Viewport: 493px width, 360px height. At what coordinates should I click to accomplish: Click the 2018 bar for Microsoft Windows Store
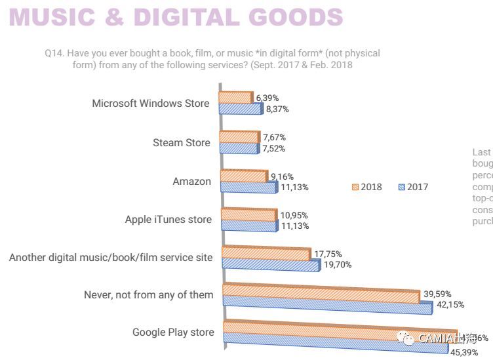pyautogui.click(x=236, y=97)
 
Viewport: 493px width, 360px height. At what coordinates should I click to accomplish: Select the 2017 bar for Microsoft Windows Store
pyautogui.click(x=241, y=109)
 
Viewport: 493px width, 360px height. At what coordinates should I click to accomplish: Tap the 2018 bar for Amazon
pyautogui.click(x=244, y=176)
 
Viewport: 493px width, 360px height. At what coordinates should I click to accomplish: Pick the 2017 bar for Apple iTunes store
pyautogui.click(x=249, y=226)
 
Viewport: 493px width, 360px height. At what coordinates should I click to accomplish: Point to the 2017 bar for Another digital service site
pyautogui.click(x=271, y=265)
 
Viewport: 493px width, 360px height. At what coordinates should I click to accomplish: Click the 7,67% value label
pyautogui.click(x=274, y=138)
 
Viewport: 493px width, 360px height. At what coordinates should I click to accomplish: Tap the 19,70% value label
pyautogui.click(x=336, y=265)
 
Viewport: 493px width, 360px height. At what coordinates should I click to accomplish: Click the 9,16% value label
pyautogui.click(x=281, y=176)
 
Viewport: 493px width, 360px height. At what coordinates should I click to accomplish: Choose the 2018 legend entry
pyautogui.click(x=366, y=187)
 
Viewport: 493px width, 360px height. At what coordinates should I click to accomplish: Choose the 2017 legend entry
pyautogui.click(x=413, y=187)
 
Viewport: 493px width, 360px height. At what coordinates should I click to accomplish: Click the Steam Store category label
pyautogui.click(x=182, y=143)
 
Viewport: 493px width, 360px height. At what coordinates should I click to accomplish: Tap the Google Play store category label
pyautogui.click(x=173, y=332)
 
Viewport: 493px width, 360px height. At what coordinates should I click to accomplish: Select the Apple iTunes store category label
pyautogui.click(x=168, y=220)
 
